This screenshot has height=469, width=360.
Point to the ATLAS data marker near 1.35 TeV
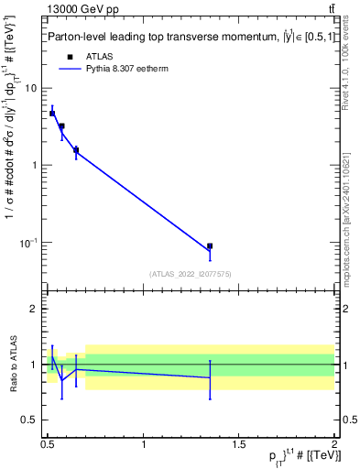pos(210,246)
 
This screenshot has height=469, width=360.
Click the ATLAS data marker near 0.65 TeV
pos(76,149)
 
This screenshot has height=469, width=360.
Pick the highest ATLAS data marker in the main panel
pos(52,114)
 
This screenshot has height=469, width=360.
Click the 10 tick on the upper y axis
pos(31,88)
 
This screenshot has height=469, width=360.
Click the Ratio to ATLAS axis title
pos(11,365)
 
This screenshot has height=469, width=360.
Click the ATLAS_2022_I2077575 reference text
pos(190,273)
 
